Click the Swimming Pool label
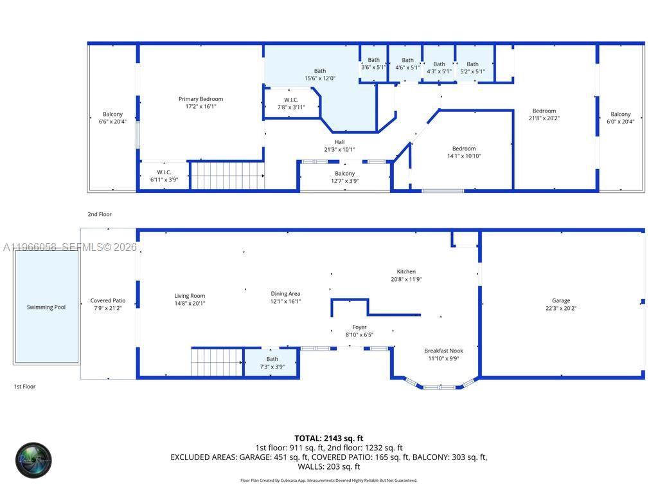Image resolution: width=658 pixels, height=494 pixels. (x=46, y=307)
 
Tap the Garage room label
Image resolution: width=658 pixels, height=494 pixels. (x=561, y=300)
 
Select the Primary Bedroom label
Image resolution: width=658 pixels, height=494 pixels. (x=200, y=99)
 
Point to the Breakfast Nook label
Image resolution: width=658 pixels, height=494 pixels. (x=443, y=351)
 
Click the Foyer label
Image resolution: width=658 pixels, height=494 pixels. (x=359, y=327)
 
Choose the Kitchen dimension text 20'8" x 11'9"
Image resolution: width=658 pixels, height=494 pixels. (x=406, y=280)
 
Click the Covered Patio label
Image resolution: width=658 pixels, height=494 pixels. (x=108, y=300)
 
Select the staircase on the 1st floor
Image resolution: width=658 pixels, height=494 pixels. (x=217, y=362)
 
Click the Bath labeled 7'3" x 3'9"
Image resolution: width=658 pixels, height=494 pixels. (x=272, y=363)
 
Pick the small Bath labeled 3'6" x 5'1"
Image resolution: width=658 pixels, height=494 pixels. (x=373, y=63)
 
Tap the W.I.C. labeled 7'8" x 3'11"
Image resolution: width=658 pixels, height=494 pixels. (x=291, y=104)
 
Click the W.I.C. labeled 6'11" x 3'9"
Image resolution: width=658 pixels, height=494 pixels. (x=164, y=176)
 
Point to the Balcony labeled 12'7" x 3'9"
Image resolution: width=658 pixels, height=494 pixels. (x=344, y=177)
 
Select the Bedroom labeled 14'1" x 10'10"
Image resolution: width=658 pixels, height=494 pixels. (x=464, y=152)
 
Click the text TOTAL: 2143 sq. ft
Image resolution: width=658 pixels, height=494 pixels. (x=329, y=438)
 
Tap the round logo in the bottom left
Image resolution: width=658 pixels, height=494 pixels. (x=33, y=460)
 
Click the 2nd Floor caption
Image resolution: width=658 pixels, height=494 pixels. (x=100, y=214)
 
